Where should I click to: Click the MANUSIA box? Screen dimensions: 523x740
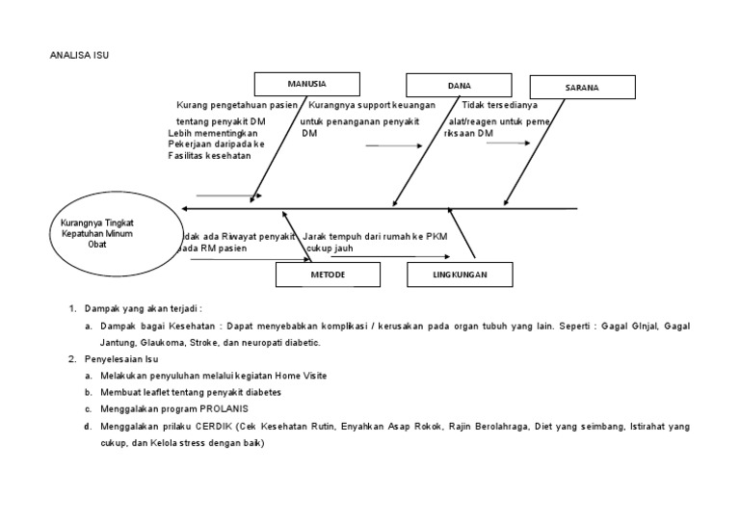[x=307, y=84]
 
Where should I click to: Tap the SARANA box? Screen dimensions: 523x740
[x=582, y=88]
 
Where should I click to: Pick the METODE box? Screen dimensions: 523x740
[x=328, y=275]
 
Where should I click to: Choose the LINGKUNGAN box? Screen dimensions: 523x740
[x=460, y=275]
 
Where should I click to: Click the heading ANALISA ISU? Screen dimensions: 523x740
[x=80, y=55]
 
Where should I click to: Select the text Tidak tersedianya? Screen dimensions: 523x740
[x=500, y=105]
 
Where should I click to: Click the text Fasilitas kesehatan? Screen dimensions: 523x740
[x=209, y=156]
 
